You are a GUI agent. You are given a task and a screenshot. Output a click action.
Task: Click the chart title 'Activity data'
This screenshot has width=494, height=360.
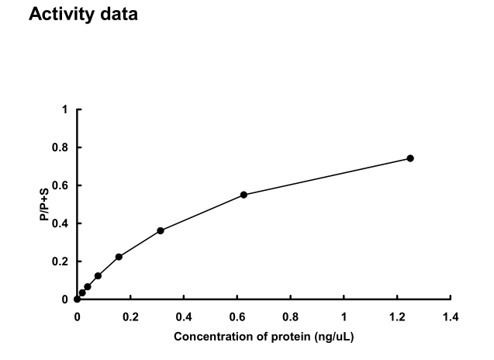tap(83, 14)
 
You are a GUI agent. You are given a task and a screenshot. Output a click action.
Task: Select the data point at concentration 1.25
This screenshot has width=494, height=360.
tap(410, 158)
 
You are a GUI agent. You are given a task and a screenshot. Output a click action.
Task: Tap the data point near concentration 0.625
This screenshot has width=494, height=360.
tap(244, 195)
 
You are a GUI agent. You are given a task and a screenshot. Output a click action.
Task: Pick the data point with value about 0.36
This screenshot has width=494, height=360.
tap(161, 230)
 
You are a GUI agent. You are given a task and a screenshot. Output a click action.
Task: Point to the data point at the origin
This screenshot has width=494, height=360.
tap(77, 299)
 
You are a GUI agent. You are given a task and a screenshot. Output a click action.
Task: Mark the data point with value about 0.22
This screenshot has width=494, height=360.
tap(119, 257)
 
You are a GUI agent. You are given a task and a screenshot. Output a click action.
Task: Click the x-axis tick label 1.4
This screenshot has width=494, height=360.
tap(451, 317)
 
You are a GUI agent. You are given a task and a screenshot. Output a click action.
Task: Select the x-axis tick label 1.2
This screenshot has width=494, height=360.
tap(397, 317)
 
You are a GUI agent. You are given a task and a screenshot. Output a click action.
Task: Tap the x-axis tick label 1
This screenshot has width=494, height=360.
tap(344, 317)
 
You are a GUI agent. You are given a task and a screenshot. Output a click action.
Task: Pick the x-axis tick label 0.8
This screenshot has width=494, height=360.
tap(291, 317)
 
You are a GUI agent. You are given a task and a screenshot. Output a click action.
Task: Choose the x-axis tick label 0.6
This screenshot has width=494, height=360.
tap(237, 317)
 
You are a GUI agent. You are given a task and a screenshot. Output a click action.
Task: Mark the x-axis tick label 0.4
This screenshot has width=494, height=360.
tap(184, 317)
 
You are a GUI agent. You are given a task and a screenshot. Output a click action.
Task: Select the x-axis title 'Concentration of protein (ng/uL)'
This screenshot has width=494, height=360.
tap(264, 337)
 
